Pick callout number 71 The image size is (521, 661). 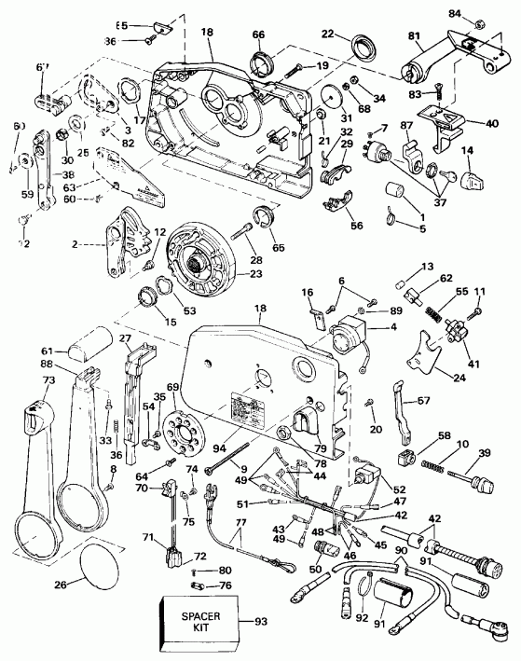pyautogui.click(x=146, y=538)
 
